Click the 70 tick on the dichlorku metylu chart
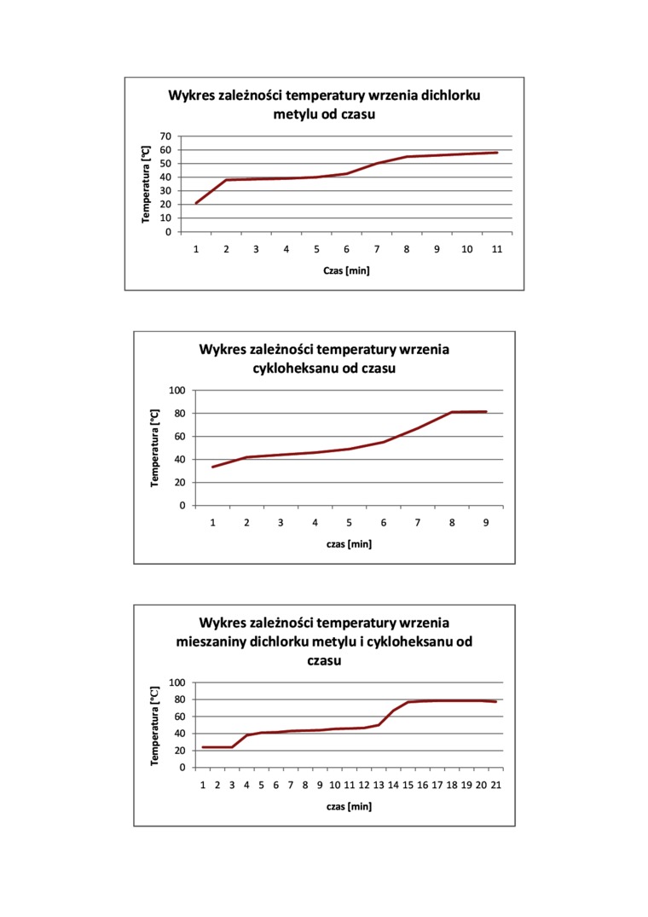tap(165, 136)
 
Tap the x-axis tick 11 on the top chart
tap(496, 249)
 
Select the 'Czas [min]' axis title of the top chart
tap(346, 270)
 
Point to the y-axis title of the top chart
tap(146, 184)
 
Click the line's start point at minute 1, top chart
tap(196, 203)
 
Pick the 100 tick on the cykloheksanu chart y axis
tap(176, 391)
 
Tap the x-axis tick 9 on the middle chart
tap(486, 522)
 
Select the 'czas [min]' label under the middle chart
tap(349, 543)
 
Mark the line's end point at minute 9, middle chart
tap(486, 412)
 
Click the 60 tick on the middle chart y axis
tap(179, 437)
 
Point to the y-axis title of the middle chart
tap(155, 448)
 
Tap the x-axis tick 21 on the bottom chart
tap(495, 785)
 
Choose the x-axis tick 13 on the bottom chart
tap(379, 785)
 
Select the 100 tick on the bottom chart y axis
tap(176, 682)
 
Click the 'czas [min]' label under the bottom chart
tap(349, 806)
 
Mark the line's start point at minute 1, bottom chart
tap(203, 747)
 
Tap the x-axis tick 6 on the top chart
tap(346, 249)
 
